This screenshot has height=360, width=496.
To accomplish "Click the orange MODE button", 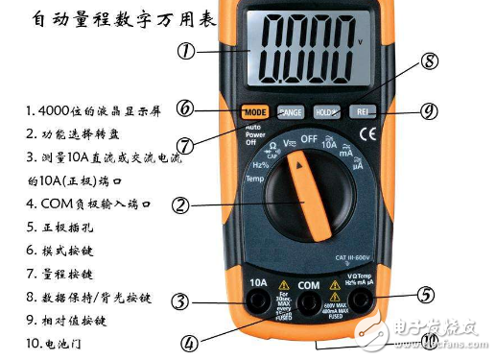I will click(253, 111).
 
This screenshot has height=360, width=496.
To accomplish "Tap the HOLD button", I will click(326, 111).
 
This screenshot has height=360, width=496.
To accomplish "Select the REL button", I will click(362, 111).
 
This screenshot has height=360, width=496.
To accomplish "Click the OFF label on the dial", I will click(309, 139).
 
